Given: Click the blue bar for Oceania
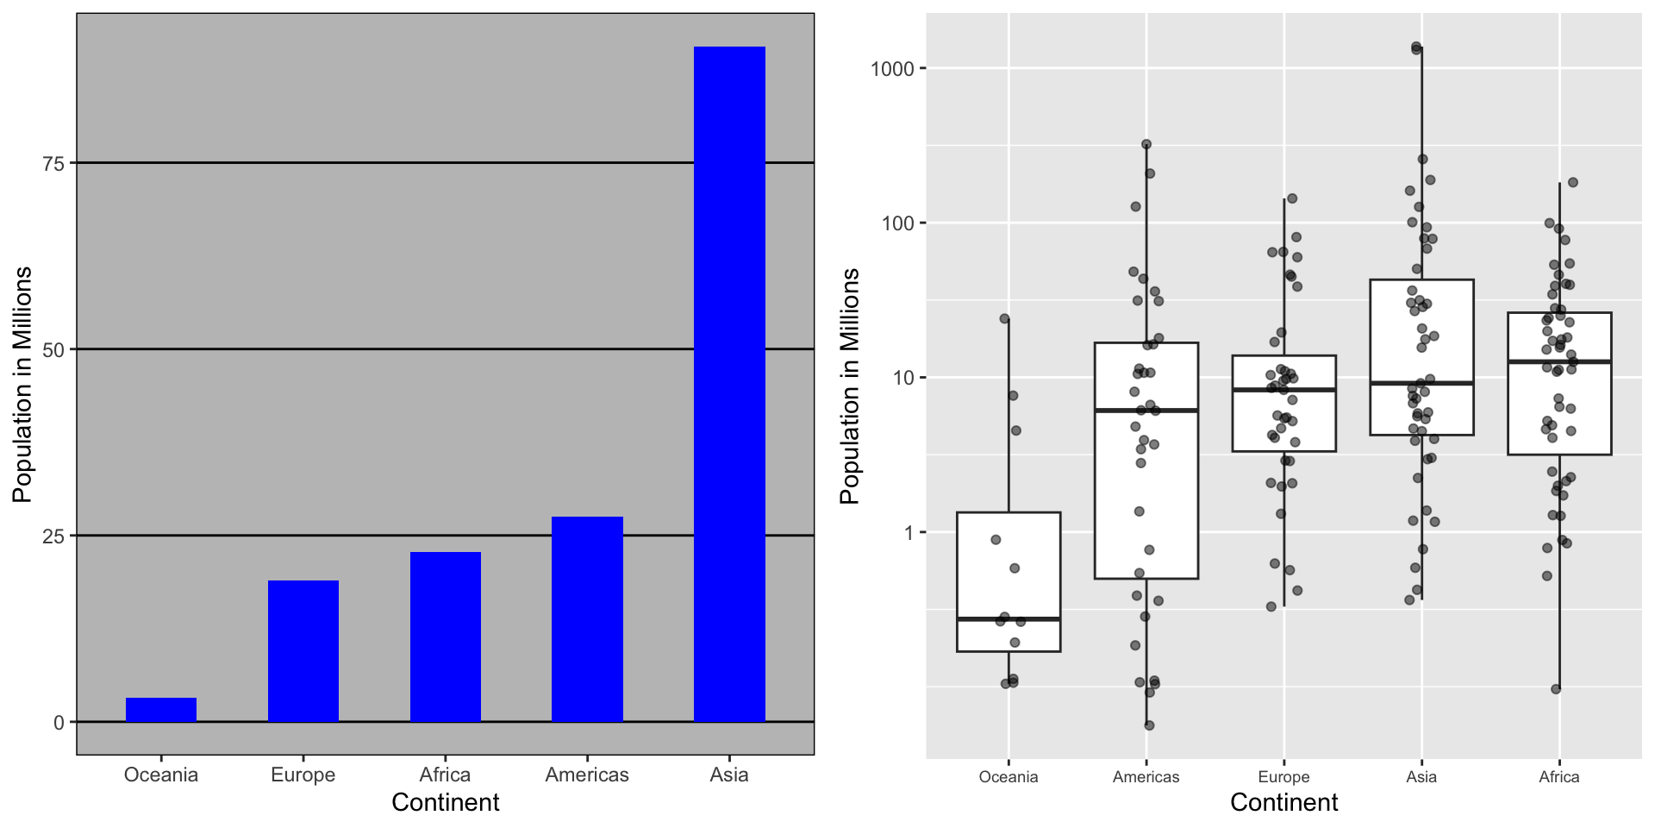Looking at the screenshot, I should [161, 710].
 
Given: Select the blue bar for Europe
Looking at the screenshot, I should [303, 651].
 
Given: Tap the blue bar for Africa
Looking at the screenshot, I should [445, 637].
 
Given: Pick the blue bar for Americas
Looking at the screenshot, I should [587, 619].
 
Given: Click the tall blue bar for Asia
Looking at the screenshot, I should [729, 384].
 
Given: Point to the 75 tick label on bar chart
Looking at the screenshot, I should [54, 163].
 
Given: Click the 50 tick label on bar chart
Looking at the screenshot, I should [54, 349].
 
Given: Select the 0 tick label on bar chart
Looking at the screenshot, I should [59, 722].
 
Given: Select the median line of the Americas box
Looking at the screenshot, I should [1146, 411].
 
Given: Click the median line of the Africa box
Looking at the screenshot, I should [1558, 361].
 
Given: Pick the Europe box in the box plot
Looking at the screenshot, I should [1283, 423].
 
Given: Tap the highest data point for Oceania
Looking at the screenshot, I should [1004, 319].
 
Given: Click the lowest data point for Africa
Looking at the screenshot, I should [1556, 689].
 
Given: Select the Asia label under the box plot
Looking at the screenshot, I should [1421, 777].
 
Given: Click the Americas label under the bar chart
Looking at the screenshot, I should [587, 775].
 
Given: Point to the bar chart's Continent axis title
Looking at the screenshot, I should [445, 802].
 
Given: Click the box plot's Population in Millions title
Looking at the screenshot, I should [850, 386].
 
